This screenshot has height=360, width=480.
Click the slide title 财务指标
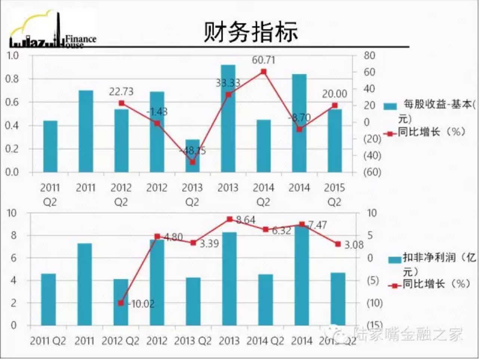tap(250, 31)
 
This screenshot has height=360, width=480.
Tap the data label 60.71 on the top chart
tap(264, 60)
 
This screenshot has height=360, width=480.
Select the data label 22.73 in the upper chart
tap(121, 92)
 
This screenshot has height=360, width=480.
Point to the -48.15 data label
tap(192, 151)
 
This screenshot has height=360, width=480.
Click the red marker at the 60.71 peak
tap(264, 71)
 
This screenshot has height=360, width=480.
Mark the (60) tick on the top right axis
tap(372, 172)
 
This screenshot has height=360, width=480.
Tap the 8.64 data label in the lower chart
tap(246, 220)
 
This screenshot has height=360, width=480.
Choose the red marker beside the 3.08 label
tap(338, 244)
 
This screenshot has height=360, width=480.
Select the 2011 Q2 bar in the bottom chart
tap(48, 299)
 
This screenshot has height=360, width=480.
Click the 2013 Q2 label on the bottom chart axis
tap(193, 341)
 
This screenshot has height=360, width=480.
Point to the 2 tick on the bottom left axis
tap(13, 303)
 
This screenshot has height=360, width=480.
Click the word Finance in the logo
tap(81, 39)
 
